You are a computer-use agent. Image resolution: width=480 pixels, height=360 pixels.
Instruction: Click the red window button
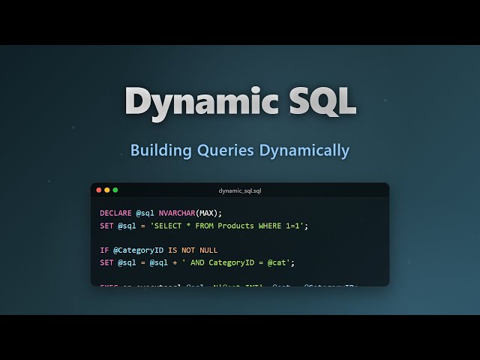point(99,190)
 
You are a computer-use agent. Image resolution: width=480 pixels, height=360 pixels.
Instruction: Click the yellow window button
point(107,190)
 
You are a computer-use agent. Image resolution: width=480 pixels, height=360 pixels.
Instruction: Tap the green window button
point(115,190)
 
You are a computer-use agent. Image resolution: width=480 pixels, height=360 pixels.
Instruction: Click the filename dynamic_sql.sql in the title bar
point(240,190)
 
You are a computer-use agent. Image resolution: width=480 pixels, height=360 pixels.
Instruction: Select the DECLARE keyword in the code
point(115,213)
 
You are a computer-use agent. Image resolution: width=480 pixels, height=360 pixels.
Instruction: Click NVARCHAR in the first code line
point(176,213)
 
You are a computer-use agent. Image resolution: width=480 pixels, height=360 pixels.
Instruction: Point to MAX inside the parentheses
point(208,213)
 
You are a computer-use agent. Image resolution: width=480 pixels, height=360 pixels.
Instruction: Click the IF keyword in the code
point(104,250)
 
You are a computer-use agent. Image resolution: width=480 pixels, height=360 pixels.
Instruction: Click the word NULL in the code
point(208,250)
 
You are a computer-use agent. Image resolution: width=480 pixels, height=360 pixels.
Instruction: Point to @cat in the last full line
point(281,262)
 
